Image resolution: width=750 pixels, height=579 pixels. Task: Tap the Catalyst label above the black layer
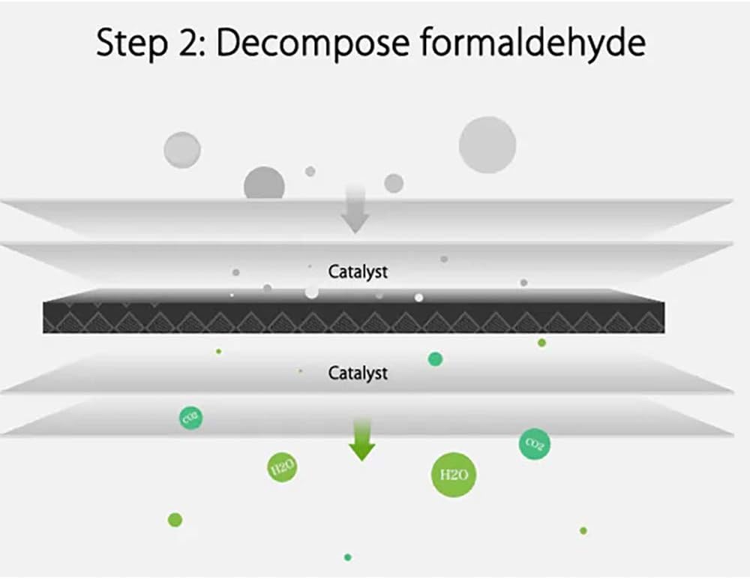tap(358, 271)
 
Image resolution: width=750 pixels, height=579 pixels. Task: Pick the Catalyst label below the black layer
tap(358, 373)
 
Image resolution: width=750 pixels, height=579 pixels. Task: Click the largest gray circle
tap(487, 145)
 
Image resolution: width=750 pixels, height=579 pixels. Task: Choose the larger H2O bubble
tap(454, 475)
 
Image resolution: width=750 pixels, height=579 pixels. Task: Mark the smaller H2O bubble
tap(282, 469)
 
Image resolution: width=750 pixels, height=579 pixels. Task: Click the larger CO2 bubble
tap(535, 444)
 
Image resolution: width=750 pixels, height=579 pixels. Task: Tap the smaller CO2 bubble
tap(190, 418)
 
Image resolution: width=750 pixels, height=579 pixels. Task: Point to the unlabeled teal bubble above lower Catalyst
tap(435, 359)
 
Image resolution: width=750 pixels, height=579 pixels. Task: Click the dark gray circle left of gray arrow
tap(264, 184)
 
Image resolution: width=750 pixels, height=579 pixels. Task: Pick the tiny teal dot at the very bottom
tap(347, 557)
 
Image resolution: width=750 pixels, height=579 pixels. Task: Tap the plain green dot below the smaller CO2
tap(175, 520)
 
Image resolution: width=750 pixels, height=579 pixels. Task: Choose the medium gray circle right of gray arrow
tap(394, 183)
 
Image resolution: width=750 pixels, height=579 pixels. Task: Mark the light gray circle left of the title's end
tap(182, 149)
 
